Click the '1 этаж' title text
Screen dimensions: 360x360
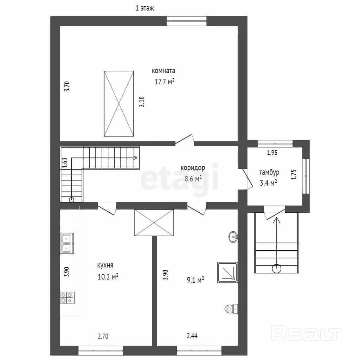pyautogui.click(x=144, y=8)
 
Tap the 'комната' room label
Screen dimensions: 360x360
pyautogui.click(x=163, y=71)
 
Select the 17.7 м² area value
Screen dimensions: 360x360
pyautogui.click(x=165, y=82)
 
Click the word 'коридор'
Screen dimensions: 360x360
pyautogui.click(x=193, y=168)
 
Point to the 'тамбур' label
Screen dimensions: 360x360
pyautogui.click(x=269, y=172)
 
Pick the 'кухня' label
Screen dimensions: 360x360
pyautogui.click(x=105, y=265)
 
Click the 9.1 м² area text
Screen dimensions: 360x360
pyautogui.click(x=195, y=280)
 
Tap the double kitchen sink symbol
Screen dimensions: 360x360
pyautogui.click(x=67, y=243)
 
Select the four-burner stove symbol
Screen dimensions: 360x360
pyautogui.click(x=67, y=297)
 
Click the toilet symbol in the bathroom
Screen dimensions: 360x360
pyautogui.click(x=231, y=309)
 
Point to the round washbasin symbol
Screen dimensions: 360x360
pyautogui.click(x=233, y=237)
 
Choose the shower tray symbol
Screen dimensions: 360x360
pyautogui.click(x=227, y=272)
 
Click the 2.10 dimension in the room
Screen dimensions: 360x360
pyautogui.click(x=141, y=102)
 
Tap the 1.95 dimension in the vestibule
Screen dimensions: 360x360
pyautogui.click(x=272, y=153)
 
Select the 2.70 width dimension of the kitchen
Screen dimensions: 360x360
pyautogui.click(x=103, y=336)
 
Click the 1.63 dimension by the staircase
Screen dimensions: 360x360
pyautogui.click(x=65, y=162)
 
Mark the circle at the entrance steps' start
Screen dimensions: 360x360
pyautogui.click(x=276, y=268)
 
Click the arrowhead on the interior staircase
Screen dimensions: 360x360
pyautogui.click(x=135, y=158)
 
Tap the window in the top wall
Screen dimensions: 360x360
pyautogui.click(x=186, y=21)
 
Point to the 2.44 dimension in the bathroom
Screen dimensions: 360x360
pyautogui.click(x=192, y=336)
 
